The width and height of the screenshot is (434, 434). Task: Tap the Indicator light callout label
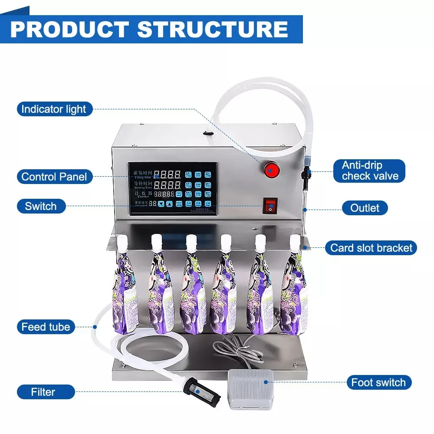coord(54,109)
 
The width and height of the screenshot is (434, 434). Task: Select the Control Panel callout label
coord(54,177)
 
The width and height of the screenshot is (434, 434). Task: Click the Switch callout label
coord(41,206)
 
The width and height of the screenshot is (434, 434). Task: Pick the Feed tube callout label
coord(46,327)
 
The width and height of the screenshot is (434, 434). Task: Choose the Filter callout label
coord(43,392)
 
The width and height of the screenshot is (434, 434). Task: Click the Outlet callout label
coord(365,208)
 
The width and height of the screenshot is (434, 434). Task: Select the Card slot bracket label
coord(371,248)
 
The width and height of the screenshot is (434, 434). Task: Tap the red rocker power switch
coord(270,206)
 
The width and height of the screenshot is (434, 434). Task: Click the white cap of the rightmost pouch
coord(295,240)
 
